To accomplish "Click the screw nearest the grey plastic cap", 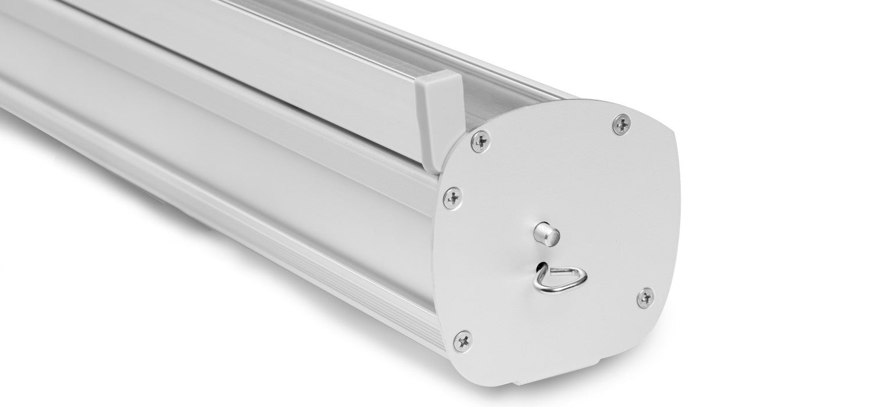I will click(480, 141).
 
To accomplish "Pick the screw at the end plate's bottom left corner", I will click(463, 341).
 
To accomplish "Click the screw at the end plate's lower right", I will click(645, 298).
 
